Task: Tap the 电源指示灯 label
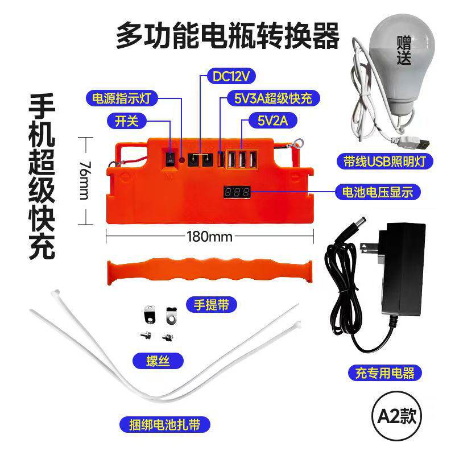coord(122,98)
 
